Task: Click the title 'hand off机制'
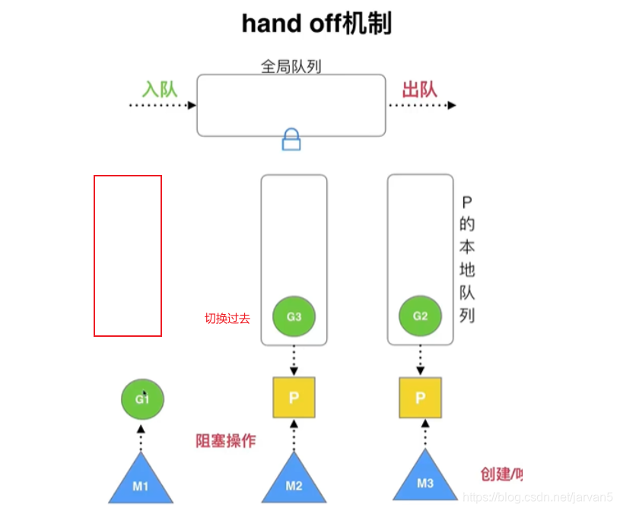(x=316, y=24)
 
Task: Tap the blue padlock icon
(x=291, y=139)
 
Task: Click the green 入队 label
(x=160, y=89)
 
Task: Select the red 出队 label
(x=419, y=89)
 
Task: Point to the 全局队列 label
(x=291, y=66)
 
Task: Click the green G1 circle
(x=143, y=398)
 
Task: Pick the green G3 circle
(x=294, y=316)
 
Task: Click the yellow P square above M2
(x=294, y=398)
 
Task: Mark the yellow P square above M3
(x=420, y=398)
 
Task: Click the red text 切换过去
(x=227, y=319)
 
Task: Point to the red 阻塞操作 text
(x=226, y=440)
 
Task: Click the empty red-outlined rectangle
(x=128, y=255)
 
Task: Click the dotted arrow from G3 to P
(x=294, y=358)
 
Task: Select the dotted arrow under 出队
(x=421, y=106)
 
